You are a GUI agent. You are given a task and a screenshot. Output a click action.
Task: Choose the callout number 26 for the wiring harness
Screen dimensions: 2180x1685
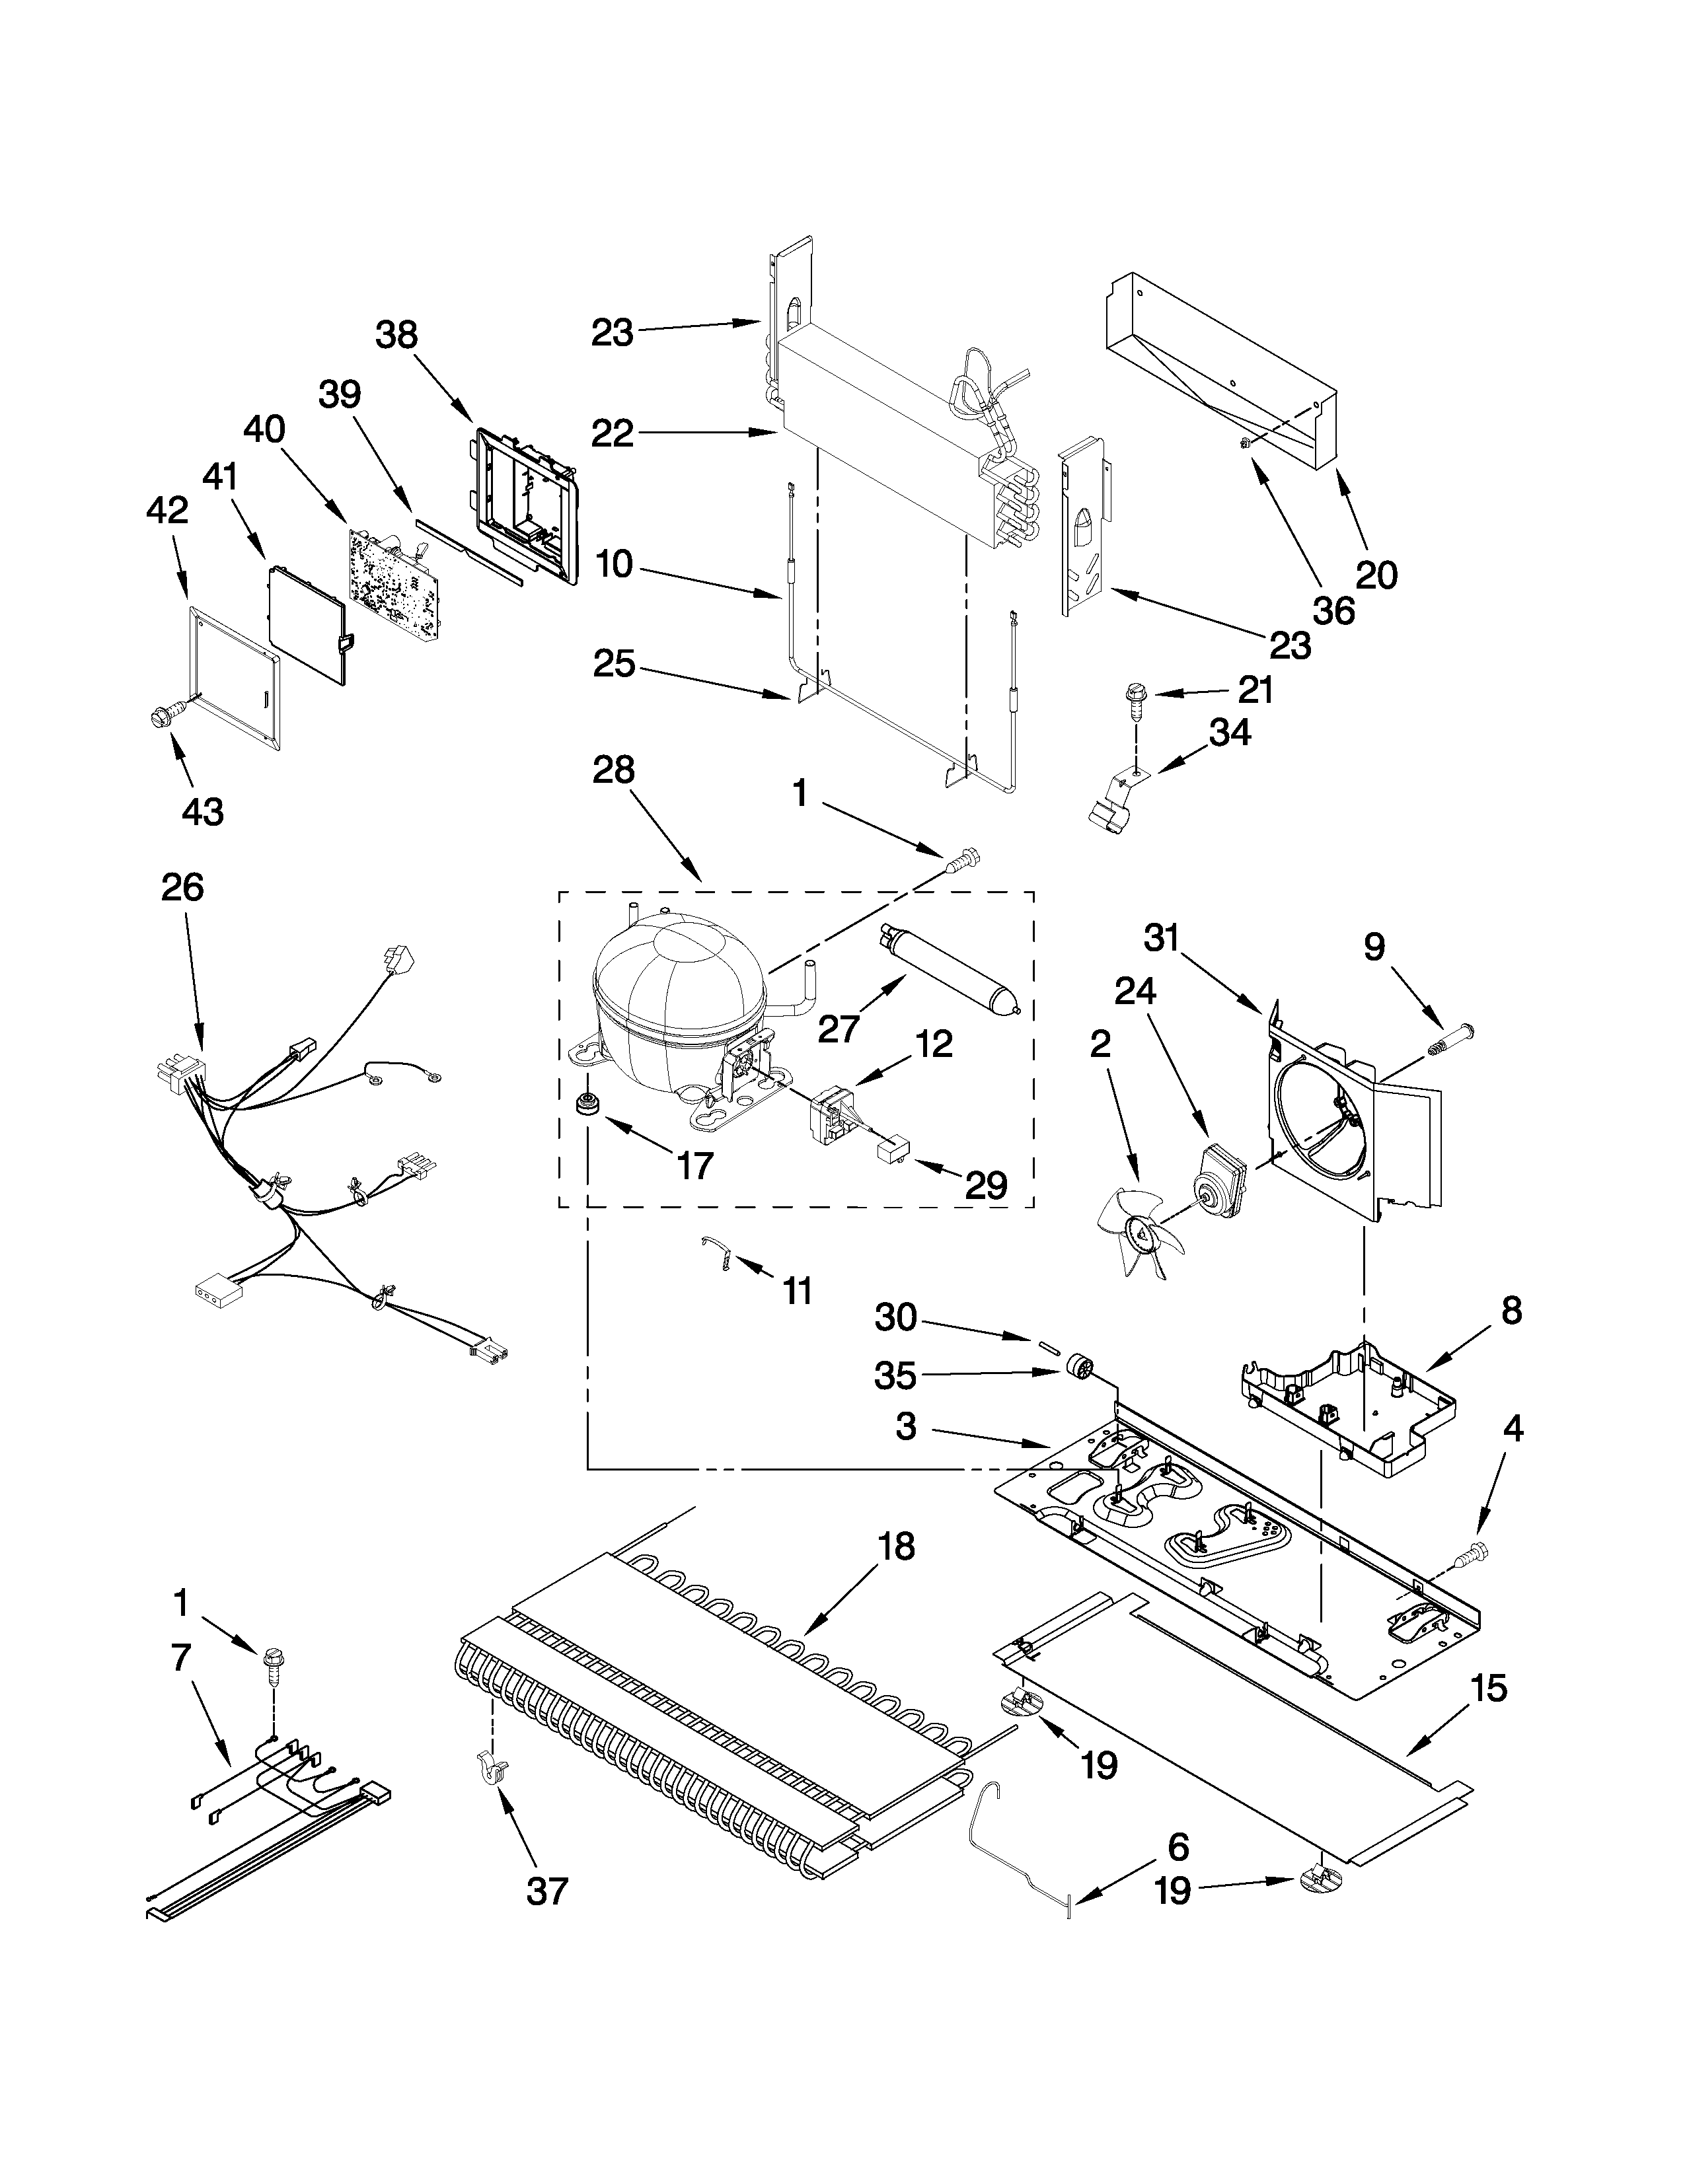tap(182, 887)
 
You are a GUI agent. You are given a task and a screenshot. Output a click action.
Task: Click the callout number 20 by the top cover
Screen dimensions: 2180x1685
tap(1376, 574)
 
